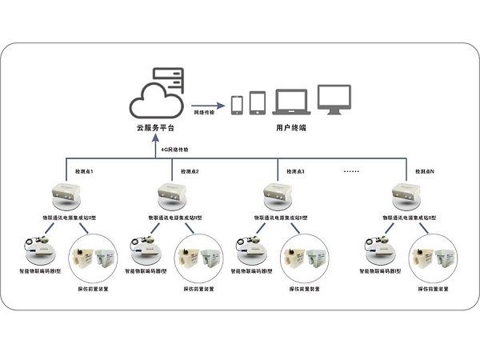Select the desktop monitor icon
[x=334, y=100]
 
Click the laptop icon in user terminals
[x=290, y=102]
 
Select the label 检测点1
[x=84, y=171]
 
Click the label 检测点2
[x=190, y=171]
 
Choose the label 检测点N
[x=424, y=171]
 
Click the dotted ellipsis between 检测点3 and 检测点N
[x=352, y=170]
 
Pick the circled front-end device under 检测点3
[x=305, y=257]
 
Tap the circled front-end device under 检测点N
[x=433, y=257]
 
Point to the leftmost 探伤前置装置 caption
[x=92, y=288]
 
